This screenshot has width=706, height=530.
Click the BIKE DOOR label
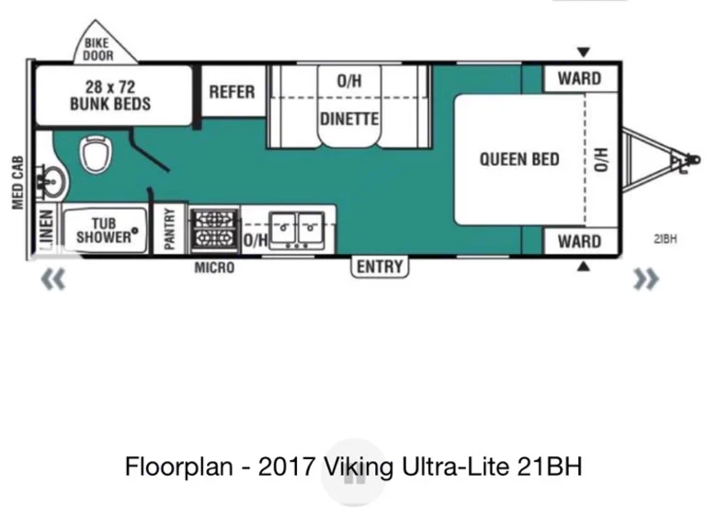(x=98, y=49)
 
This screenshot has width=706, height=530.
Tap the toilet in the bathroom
(x=96, y=154)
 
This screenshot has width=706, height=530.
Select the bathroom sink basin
(x=52, y=182)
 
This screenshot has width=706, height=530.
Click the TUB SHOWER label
(x=105, y=230)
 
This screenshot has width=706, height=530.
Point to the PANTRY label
(x=169, y=228)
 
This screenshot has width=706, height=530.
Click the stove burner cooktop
(x=214, y=230)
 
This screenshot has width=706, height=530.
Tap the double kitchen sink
(x=297, y=230)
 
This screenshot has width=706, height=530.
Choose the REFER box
(x=233, y=91)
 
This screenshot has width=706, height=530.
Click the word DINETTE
(x=349, y=119)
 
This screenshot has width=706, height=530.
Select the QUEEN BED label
(x=519, y=159)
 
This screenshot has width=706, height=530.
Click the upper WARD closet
(x=580, y=79)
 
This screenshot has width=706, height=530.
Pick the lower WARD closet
(x=580, y=241)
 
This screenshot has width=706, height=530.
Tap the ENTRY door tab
(x=380, y=266)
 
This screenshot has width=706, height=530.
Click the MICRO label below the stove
(x=214, y=268)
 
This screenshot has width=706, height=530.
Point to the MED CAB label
(x=17, y=182)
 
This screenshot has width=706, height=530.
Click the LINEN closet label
(x=46, y=229)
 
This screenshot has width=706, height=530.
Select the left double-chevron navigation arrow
(x=53, y=279)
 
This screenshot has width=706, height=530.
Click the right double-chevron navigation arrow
(x=645, y=279)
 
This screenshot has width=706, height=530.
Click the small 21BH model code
(x=665, y=239)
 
